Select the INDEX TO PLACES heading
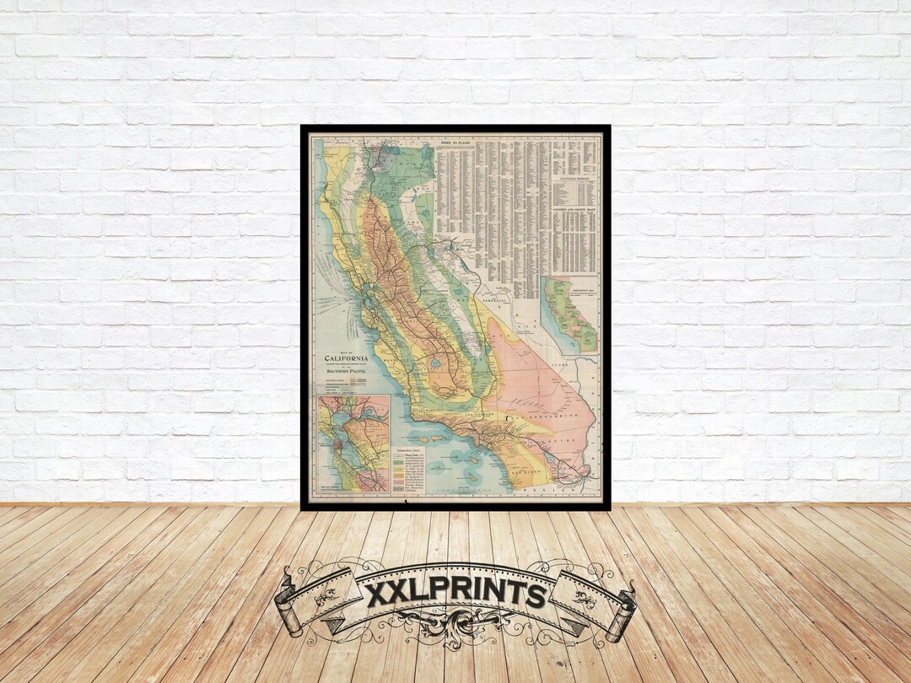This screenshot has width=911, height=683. click(455, 145)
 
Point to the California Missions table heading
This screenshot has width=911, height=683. click(570, 179)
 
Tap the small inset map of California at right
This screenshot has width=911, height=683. click(570, 314)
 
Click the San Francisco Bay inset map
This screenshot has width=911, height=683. click(353, 444)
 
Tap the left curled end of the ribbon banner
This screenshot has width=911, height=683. click(289, 609)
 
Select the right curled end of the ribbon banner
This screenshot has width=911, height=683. click(623, 609)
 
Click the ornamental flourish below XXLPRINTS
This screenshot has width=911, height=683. click(455, 628)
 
